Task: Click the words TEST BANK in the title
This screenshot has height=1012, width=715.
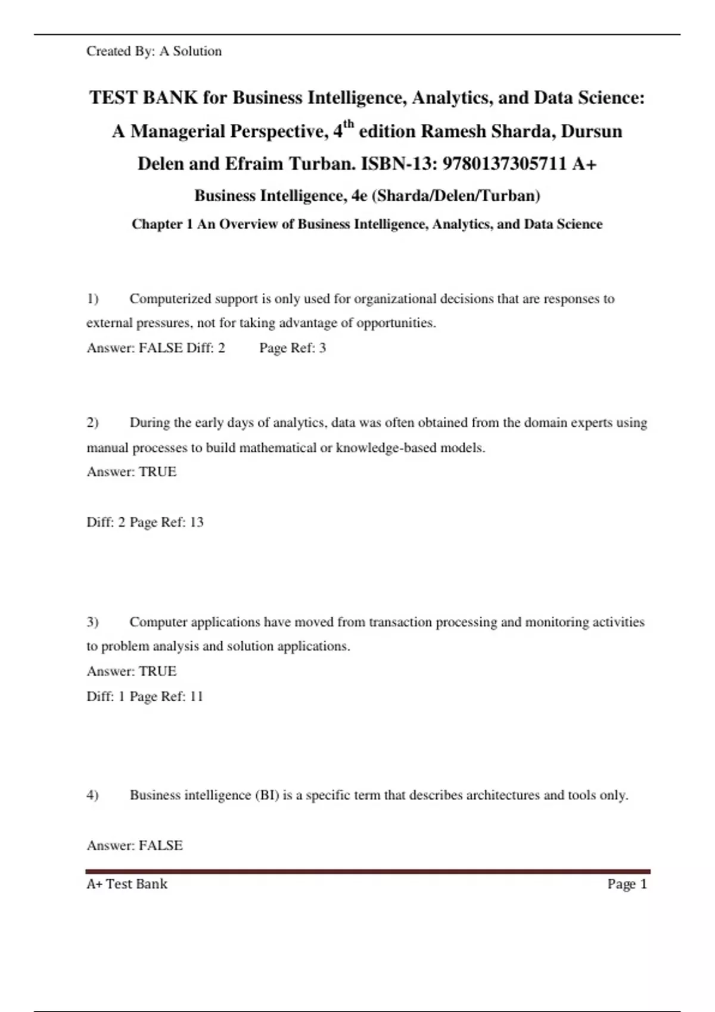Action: (x=144, y=98)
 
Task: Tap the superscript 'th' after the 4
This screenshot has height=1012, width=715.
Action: (x=349, y=124)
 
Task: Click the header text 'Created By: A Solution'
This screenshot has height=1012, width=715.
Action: (x=154, y=51)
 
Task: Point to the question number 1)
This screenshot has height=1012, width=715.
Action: (x=92, y=298)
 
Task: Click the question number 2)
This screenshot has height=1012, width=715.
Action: (x=92, y=423)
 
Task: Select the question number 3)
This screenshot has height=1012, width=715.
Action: (x=92, y=622)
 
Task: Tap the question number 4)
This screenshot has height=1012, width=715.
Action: (x=92, y=795)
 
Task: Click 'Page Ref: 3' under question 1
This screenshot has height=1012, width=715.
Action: (x=293, y=348)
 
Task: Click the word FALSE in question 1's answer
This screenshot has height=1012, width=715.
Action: (x=161, y=348)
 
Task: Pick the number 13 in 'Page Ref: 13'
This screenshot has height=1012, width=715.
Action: (x=196, y=522)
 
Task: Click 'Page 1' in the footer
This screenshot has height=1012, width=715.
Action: (x=627, y=884)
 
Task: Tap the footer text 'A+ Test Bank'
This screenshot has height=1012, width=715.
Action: (x=127, y=884)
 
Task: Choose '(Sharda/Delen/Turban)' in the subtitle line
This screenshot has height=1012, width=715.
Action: (x=456, y=196)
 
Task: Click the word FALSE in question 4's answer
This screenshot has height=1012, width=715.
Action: (x=161, y=845)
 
